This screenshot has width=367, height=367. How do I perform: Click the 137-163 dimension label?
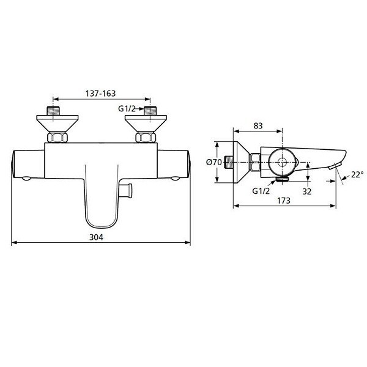pyautogui.click(x=100, y=93)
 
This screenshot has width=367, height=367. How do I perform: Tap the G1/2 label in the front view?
pyautogui.click(x=127, y=109)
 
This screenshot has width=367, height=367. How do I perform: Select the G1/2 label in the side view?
pyautogui.click(x=262, y=190)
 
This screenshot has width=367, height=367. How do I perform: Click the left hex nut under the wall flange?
pyautogui.click(x=58, y=138)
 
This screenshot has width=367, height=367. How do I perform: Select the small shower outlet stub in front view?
pyautogui.click(x=129, y=190)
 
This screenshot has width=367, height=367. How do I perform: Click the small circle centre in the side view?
pyautogui.click(x=282, y=162)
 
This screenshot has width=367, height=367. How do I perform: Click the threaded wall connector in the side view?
pyautogui.click(x=229, y=162)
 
